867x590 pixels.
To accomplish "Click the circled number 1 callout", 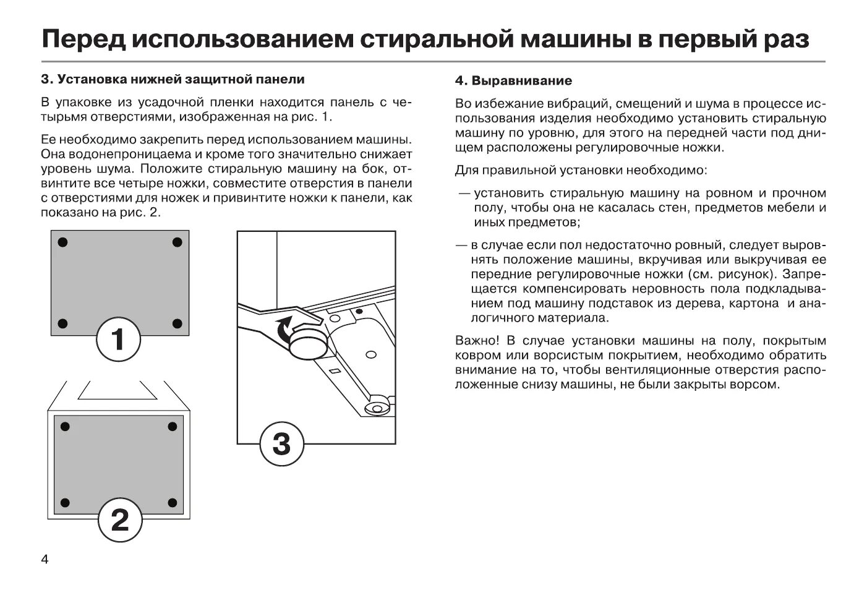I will [x=118, y=340].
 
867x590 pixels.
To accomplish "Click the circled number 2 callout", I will [x=120, y=520].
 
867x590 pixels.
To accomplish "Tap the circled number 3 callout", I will [x=281, y=443].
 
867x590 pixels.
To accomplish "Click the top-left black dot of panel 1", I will [x=62, y=241].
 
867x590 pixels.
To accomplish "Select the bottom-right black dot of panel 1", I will [x=177, y=323].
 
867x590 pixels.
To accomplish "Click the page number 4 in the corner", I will [x=45, y=560].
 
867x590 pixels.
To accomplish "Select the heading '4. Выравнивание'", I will [x=513, y=81].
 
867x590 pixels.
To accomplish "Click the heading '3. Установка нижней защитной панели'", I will [x=173, y=80].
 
